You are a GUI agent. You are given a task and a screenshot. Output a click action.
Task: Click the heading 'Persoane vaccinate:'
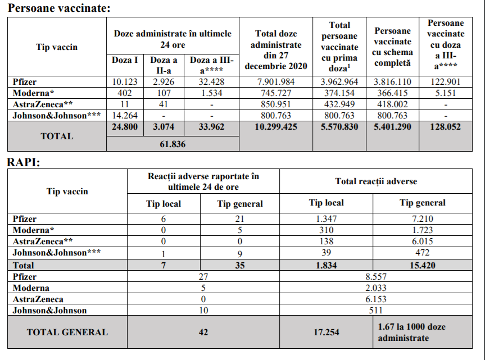click(x=59, y=8)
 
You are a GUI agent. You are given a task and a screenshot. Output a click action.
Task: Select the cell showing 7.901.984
click(x=276, y=82)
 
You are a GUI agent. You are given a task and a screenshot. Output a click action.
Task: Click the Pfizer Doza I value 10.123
click(x=125, y=82)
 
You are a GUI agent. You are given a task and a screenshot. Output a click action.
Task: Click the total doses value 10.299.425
click(x=276, y=127)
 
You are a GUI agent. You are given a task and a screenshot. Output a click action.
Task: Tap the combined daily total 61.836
click(x=173, y=144)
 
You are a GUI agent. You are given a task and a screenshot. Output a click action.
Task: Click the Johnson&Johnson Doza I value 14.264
click(x=125, y=115)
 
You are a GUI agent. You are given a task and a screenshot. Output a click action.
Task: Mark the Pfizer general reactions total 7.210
click(x=422, y=218)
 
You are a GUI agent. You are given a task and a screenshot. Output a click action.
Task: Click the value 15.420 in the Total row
click(x=422, y=265)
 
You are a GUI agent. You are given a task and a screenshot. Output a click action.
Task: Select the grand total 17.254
click(x=326, y=332)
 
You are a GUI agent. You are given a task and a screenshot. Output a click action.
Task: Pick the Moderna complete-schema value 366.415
click(x=392, y=93)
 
